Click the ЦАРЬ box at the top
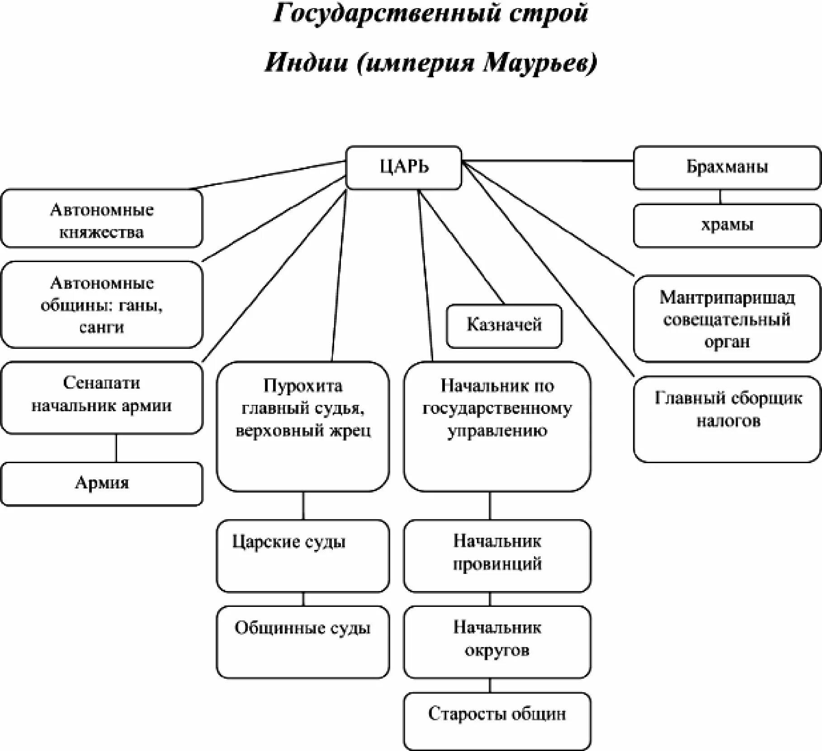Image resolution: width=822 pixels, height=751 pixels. (403, 167)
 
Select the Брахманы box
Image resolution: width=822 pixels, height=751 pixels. (727, 167)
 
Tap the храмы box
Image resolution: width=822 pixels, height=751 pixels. (727, 225)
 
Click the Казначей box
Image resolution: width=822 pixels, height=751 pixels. (504, 325)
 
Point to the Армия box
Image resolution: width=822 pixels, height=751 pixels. (102, 483)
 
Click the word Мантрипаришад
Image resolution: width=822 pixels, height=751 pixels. (727, 298)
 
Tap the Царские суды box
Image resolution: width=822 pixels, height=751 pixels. (302, 555)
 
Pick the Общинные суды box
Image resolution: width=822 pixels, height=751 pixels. (302, 642)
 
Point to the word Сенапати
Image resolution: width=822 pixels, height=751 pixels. (102, 383)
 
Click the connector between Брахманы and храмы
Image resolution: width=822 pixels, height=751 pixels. (720, 197)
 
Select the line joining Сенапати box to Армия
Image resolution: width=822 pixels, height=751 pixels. (116, 448)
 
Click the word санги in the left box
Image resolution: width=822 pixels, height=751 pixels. (102, 327)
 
